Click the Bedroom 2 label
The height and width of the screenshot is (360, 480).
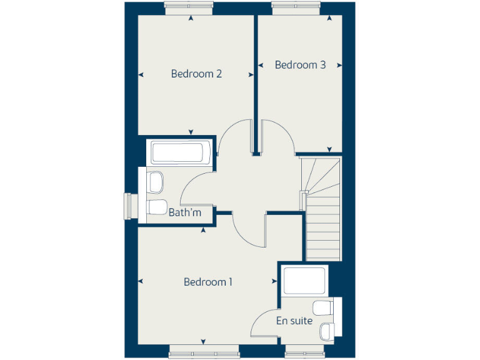(x=196, y=74)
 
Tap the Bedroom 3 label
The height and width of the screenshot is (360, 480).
(x=300, y=65)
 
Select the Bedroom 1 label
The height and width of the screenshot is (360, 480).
(x=208, y=282)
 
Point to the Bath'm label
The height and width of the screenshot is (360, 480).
(x=185, y=212)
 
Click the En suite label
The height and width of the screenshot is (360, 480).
(x=294, y=321)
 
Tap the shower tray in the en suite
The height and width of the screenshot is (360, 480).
(x=304, y=281)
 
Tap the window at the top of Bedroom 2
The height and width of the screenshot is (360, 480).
(x=190, y=7)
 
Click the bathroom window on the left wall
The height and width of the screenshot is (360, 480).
(x=131, y=206)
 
